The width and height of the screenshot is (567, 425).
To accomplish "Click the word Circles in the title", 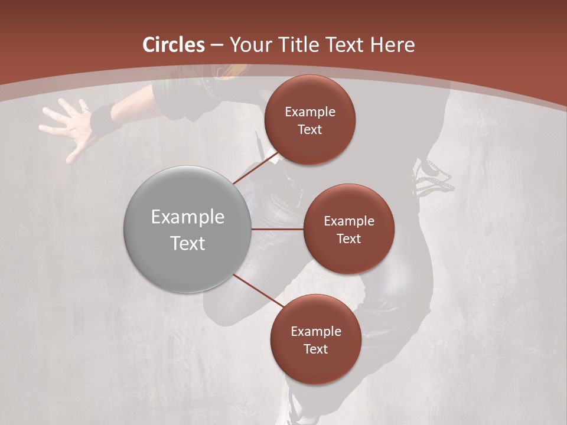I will (174, 45).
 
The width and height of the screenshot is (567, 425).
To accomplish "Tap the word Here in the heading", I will (392, 45).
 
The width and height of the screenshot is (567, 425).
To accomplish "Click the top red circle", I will (309, 120).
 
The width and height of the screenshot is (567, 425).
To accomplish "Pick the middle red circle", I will (348, 229).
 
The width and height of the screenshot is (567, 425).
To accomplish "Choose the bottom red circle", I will (315, 339).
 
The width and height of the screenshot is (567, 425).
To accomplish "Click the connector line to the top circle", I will (255, 167).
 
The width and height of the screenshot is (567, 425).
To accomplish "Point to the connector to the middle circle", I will (278, 229).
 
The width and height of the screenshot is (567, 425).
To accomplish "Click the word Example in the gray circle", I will (188, 217).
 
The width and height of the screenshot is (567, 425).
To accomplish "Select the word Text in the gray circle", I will (188, 243).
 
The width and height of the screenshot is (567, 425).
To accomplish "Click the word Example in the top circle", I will (310, 112).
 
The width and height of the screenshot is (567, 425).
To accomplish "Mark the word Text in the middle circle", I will (348, 238).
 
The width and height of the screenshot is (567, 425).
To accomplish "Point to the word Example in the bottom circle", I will (316, 332).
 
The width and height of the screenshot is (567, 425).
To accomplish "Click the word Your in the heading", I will (248, 45).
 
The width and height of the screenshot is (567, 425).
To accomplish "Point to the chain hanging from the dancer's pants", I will (435, 178).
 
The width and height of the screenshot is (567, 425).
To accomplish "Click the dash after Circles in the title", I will (217, 45).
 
